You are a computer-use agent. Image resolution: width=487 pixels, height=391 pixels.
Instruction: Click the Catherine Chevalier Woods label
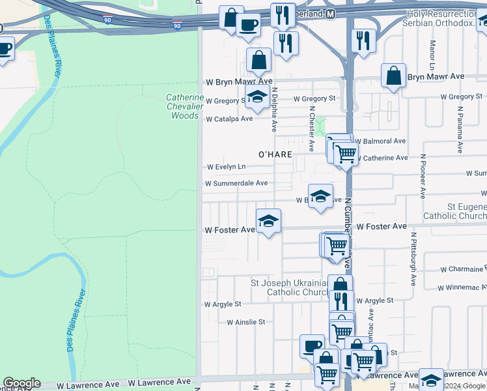[x=184, y=107]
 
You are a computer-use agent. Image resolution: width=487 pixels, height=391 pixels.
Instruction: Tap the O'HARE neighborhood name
[x=273, y=155]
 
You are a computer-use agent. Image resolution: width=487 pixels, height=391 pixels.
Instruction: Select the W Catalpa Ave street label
[x=229, y=119]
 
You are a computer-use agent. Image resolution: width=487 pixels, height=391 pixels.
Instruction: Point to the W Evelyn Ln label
[x=225, y=167]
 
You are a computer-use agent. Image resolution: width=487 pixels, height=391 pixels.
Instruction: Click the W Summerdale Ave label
[x=236, y=184]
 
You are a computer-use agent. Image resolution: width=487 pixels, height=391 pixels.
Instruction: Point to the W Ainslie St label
[x=246, y=322]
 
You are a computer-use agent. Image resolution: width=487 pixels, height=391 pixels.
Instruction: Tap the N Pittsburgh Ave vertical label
[x=413, y=257]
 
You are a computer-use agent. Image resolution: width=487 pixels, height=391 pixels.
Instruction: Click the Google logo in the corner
[x=21, y=383]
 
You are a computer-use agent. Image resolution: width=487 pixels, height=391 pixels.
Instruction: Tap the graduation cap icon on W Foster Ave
[x=268, y=222]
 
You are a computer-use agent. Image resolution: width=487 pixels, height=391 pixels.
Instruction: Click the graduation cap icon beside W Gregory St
[x=257, y=98]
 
